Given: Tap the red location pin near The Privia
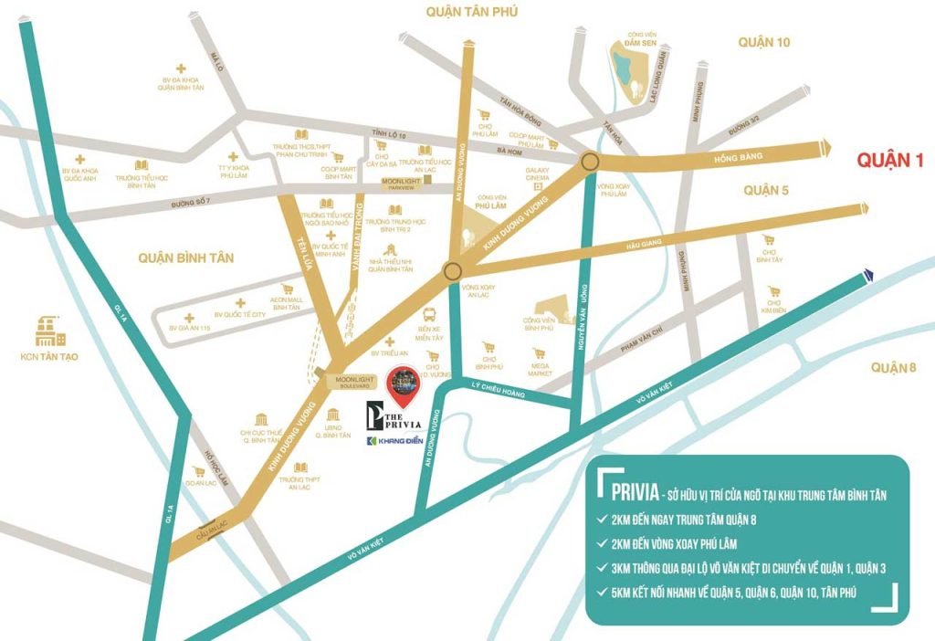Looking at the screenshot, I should (x=403, y=386).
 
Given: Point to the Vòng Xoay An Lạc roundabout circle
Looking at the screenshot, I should (x=452, y=271).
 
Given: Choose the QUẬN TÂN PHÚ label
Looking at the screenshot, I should (x=467, y=11).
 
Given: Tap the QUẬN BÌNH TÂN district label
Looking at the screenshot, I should (x=185, y=258).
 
